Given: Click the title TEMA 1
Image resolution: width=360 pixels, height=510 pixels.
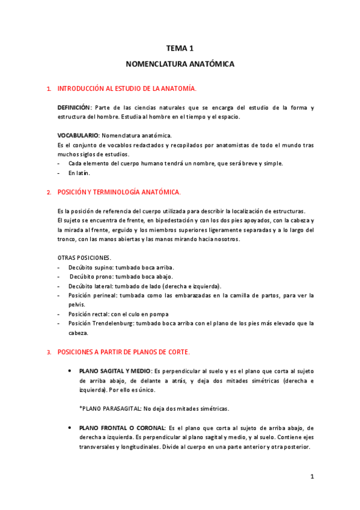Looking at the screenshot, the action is coord(180,48).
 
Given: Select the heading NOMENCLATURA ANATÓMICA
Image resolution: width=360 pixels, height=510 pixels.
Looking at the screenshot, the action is coord(180,63).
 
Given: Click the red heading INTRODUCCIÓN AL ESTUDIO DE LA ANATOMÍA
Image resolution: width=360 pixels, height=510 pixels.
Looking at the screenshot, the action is coord(126,88).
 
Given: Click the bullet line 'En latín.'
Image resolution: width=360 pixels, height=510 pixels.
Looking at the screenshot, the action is coord(79,173).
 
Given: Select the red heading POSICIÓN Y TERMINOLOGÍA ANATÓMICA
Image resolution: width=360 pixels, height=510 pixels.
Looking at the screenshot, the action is coord(118,192).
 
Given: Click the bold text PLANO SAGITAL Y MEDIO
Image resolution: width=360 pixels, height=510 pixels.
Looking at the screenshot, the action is coord(114,371).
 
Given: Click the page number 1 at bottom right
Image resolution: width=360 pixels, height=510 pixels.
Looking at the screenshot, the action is coord(312,477).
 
